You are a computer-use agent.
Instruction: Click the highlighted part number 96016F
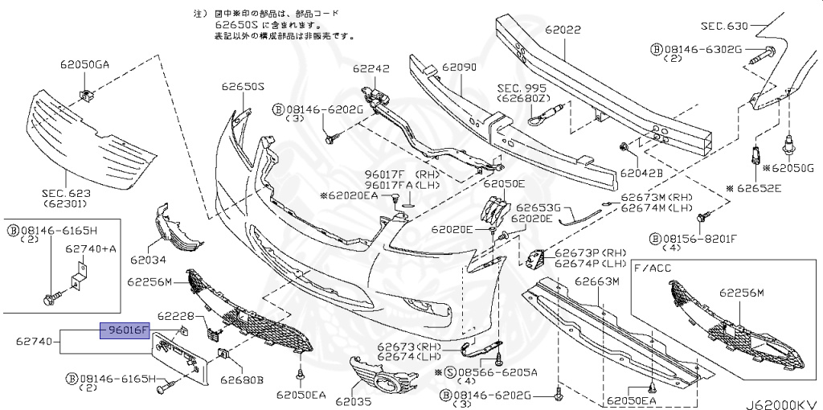tap(125, 330)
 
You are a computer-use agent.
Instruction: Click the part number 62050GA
tap(83, 64)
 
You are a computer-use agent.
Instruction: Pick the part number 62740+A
tap(91, 249)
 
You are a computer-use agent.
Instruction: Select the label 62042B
tap(641, 172)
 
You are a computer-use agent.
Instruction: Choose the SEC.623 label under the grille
tap(66, 194)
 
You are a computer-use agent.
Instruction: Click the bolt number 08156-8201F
tap(696, 238)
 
